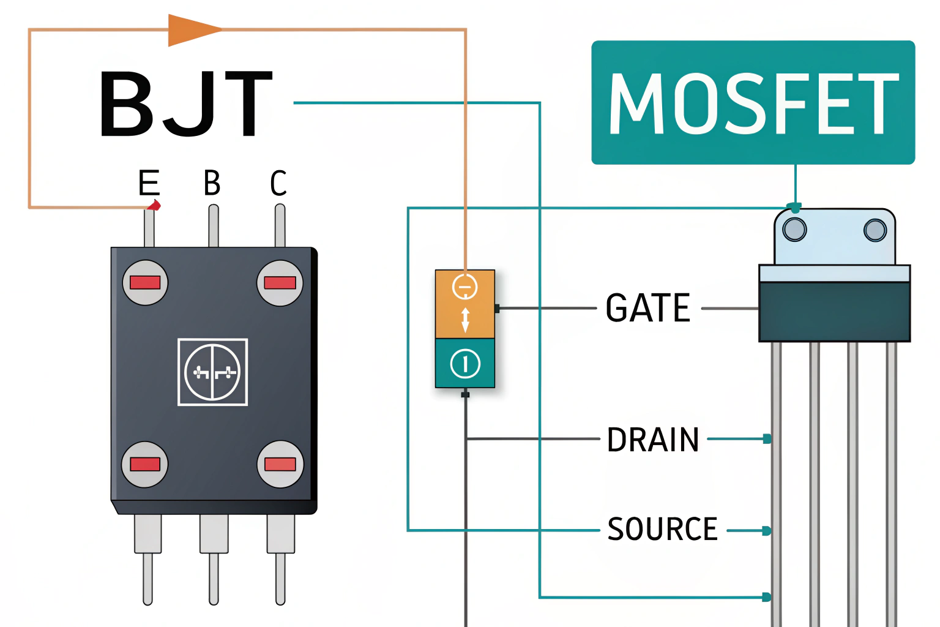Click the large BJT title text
185,104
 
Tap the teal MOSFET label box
753,102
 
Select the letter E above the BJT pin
149,182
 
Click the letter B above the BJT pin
212,182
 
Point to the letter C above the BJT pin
278,182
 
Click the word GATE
647,308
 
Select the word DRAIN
652,440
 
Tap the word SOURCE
662,529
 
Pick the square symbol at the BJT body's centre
212,372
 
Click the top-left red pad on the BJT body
145,282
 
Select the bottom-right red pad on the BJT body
280,464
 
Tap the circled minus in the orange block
464,287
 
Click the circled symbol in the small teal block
465,364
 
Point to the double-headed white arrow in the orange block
465,320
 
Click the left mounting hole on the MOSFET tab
794,230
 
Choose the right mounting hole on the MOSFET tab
875,230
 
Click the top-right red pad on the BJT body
280,282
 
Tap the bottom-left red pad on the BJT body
145,464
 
